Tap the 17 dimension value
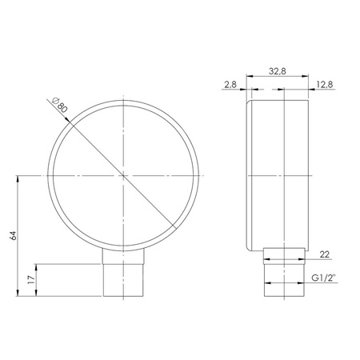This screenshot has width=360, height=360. (30, 281)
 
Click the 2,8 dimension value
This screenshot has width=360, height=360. (229, 83)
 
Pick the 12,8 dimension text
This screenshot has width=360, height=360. (325, 83)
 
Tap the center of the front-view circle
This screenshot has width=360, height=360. (124, 175)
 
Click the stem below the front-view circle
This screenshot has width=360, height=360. (124, 272)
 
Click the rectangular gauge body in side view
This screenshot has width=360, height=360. (280, 174)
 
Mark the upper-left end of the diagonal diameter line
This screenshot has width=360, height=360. (50, 102)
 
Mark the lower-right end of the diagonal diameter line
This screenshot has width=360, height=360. (177, 229)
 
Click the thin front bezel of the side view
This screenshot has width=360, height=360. (250, 174)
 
